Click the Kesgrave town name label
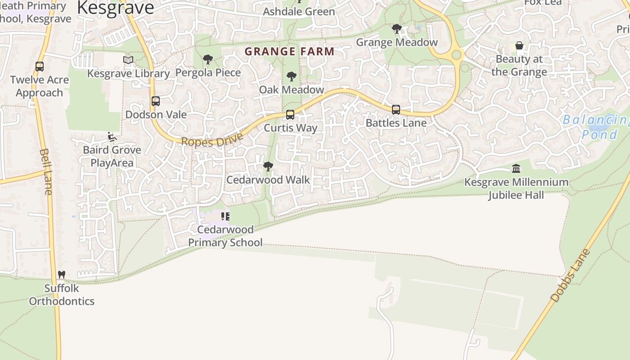click(115, 8)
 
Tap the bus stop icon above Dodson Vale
click(156, 101)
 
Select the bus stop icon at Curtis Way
click(290, 115)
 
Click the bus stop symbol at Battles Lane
click(396, 109)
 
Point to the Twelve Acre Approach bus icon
click(40, 67)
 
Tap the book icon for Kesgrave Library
click(128, 60)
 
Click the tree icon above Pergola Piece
click(207, 59)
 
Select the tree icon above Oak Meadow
click(292, 76)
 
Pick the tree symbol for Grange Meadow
click(396, 29)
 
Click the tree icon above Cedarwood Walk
click(268, 166)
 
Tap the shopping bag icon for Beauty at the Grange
click(519, 46)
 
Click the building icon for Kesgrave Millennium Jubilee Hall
click(516, 169)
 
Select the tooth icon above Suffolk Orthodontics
click(62, 274)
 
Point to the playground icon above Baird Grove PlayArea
click(112, 137)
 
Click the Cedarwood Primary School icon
click(225, 216)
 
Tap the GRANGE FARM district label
click(290, 51)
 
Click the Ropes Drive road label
click(212, 139)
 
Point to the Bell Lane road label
click(46, 171)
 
